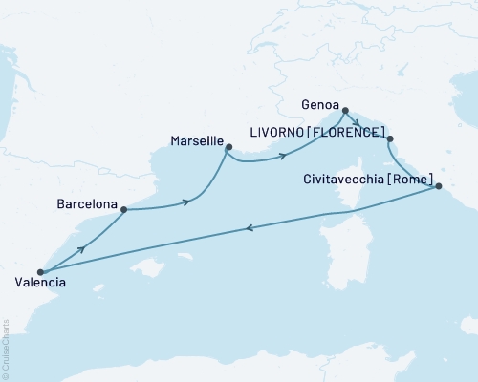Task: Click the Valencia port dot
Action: pos(40,272)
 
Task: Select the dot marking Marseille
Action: pos(228,146)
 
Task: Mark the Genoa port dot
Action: pos(345,110)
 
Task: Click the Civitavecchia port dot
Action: pos(439,187)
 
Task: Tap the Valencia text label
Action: pos(41,284)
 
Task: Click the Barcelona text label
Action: pos(87,205)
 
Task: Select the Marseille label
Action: pos(196,140)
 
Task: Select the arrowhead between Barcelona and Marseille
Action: pos(187,202)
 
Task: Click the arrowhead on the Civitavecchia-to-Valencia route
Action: pos(250,227)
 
